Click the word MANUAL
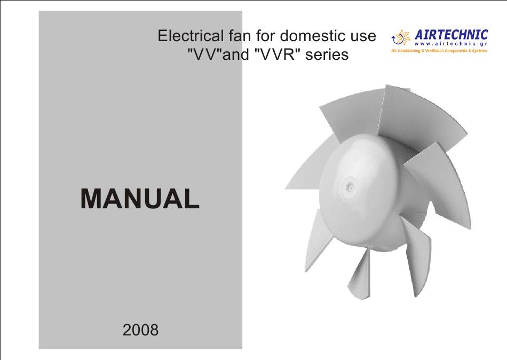coord(140,199)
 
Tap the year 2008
coord(141,330)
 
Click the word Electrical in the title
coord(190,36)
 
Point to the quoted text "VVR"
coord(274,54)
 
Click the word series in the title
coord(327,54)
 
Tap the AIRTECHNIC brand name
coord(451,34)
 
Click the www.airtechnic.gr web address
coord(451,44)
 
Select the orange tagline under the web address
coord(439,51)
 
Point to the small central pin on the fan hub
coord(349,186)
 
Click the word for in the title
coord(265,36)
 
